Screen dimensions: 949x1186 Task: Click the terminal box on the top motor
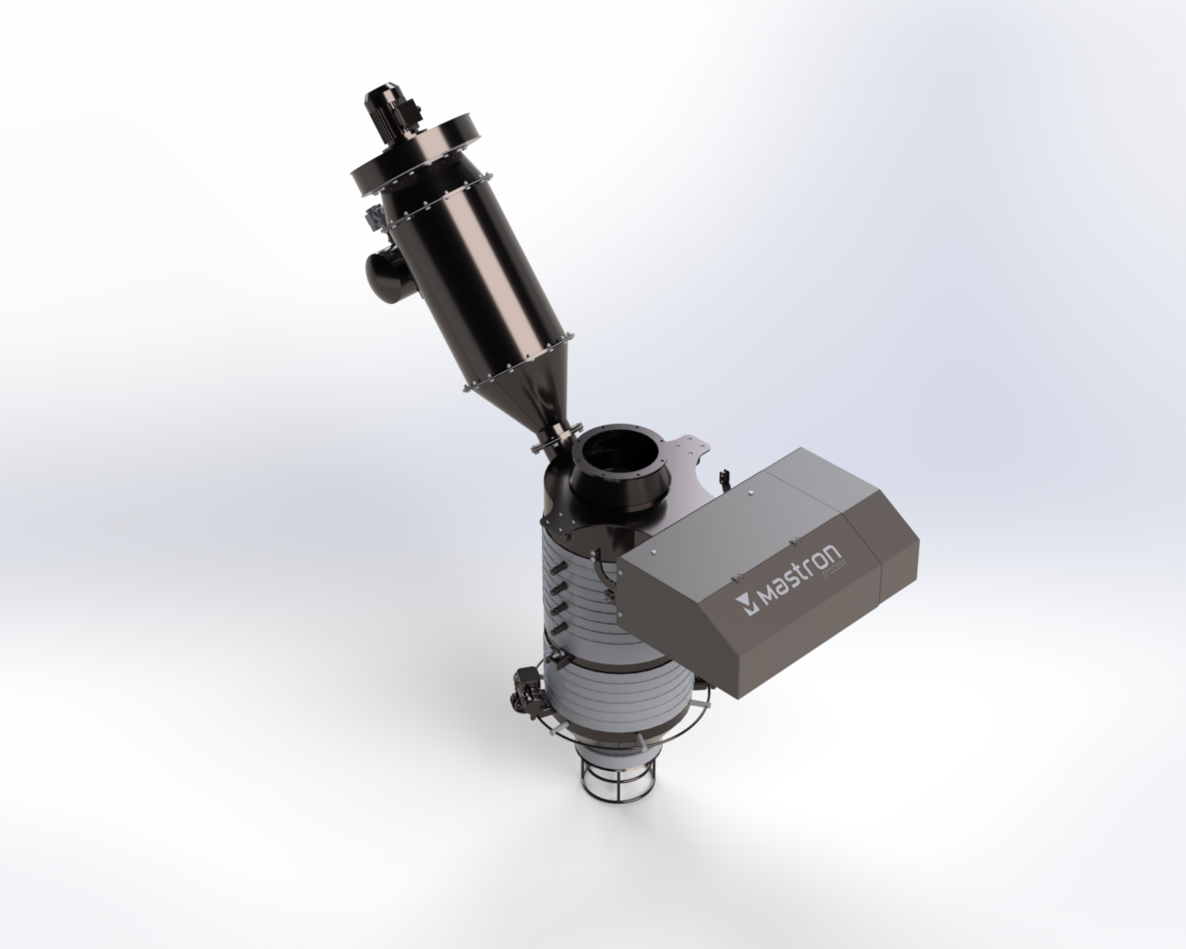(404, 105)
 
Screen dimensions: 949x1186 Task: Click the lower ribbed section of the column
(615, 694)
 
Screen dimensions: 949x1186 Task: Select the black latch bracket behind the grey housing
(722, 479)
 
